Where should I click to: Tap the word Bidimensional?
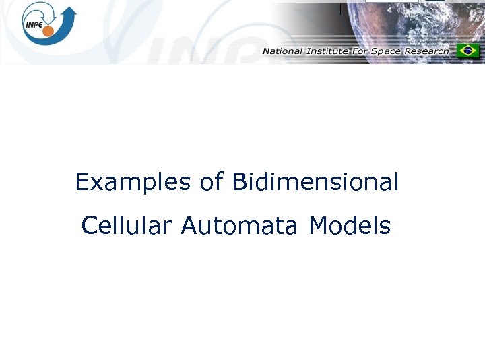tap(315, 183)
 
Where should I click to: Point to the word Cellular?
tap(127, 226)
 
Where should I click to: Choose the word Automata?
tap(238, 226)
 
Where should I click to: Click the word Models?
tap(350, 226)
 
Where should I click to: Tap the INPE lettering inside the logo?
tap(34, 24)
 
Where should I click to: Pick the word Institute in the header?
tap(326, 51)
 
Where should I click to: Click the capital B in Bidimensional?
tap(238, 182)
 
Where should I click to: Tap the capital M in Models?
tap(317, 226)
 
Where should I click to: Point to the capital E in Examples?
tap(82, 182)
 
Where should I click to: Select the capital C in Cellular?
tap(89, 226)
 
